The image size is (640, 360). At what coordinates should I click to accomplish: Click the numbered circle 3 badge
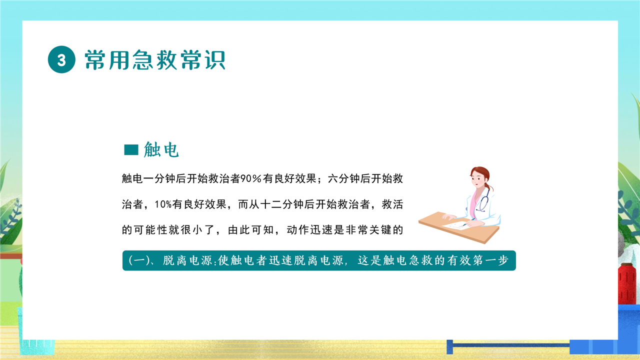[x=61, y=59]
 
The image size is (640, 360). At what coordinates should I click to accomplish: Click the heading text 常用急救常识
[x=155, y=59]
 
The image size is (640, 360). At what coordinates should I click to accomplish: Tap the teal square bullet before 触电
[x=131, y=149]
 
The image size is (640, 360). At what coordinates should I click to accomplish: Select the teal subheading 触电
[x=161, y=149]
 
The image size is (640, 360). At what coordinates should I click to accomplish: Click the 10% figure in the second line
[x=163, y=204]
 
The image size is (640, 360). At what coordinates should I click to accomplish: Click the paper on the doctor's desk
[x=455, y=225]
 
